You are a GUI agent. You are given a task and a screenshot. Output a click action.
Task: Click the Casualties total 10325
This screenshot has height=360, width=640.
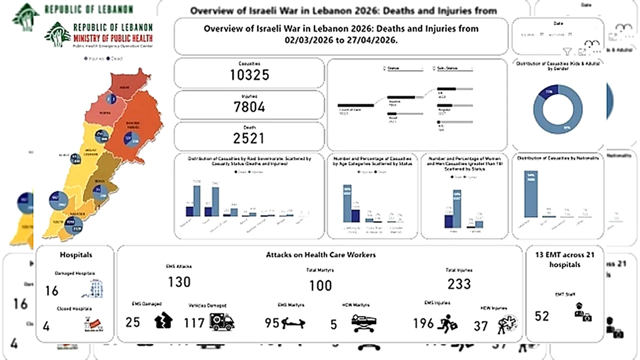click(x=249, y=75)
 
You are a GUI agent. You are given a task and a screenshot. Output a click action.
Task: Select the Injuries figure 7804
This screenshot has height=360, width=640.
click(x=249, y=107)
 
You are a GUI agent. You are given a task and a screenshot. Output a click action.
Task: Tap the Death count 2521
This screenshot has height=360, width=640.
click(x=249, y=138)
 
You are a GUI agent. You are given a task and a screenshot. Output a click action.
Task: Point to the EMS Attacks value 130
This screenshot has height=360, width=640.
click(x=179, y=282)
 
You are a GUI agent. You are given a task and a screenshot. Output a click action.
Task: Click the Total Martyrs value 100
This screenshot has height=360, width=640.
click(x=320, y=285)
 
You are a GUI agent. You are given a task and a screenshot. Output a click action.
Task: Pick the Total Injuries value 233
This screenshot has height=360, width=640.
click(x=459, y=284)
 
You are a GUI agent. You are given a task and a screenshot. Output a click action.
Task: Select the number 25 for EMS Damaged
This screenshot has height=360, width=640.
click(x=132, y=322)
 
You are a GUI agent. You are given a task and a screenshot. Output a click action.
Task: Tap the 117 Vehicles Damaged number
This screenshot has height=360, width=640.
click(x=194, y=323)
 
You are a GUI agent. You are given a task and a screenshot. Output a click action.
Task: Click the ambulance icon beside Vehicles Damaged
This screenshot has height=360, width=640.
click(x=222, y=322)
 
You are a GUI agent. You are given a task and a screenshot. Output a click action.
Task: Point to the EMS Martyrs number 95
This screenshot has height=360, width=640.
click(x=272, y=323)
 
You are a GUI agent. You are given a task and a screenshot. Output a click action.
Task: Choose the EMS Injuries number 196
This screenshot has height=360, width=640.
click(x=423, y=323)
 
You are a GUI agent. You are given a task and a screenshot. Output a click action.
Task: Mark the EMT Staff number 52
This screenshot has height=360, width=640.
click(x=541, y=316)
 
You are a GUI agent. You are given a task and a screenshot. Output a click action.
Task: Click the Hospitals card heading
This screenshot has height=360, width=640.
click(x=76, y=254)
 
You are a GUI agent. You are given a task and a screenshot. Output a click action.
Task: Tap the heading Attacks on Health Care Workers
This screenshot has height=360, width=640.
click(x=320, y=254)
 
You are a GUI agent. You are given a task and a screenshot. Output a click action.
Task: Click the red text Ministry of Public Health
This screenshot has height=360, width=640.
click(x=113, y=37)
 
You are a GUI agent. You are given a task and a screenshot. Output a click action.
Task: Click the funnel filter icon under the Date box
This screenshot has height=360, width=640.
click(x=567, y=51)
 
